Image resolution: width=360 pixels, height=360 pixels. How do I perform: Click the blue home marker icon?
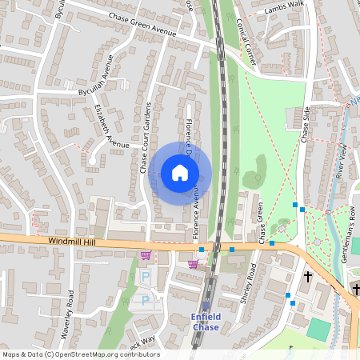[x=180, y=172]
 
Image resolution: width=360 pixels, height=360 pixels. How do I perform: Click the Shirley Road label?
[x=246, y=286]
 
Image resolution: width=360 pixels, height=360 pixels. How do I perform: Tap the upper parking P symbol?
[x=146, y=276]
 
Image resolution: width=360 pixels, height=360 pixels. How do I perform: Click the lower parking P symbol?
[x=145, y=300]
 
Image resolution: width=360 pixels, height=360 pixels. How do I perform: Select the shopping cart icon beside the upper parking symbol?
[x=146, y=256]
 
